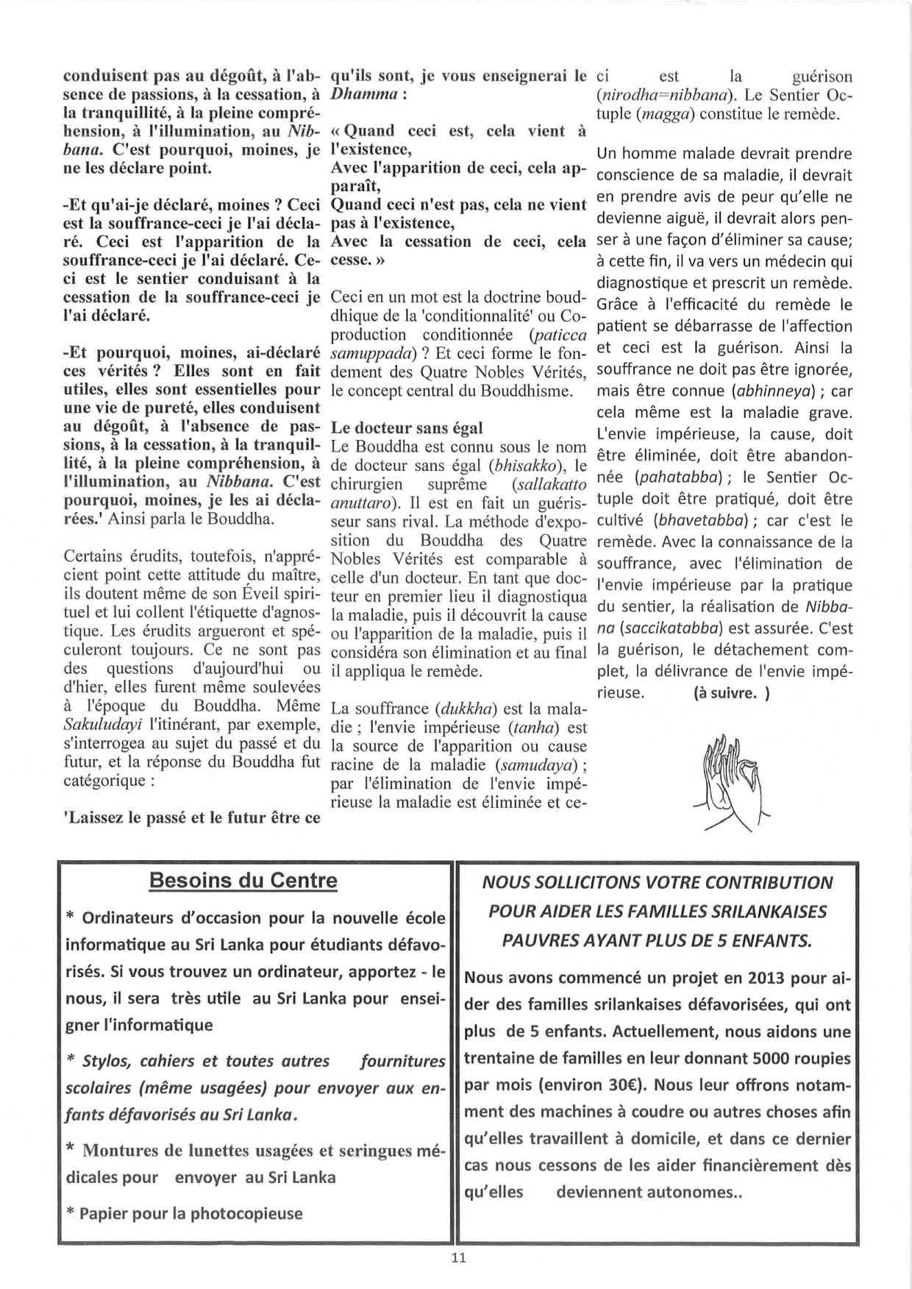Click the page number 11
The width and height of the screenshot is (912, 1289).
click(x=458, y=1257)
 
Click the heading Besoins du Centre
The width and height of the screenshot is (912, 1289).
click(x=243, y=881)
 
